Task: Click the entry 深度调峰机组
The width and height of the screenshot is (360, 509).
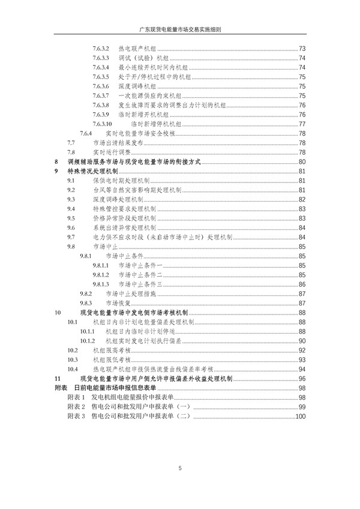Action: pyautogui.click(x=135, y=86)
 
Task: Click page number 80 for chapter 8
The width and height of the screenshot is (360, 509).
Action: pyautogui.click(x=302, y=162)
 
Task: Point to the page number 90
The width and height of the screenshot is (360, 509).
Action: pyautogui.click(x=302, y=341)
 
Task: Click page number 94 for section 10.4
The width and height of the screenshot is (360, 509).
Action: pyautogui.click(x=302, y=369)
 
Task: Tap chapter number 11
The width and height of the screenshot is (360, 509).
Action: pyautogui.click(x=57, y=379)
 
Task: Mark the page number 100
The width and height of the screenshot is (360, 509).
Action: pyautogui.click(x=301, y=417)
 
